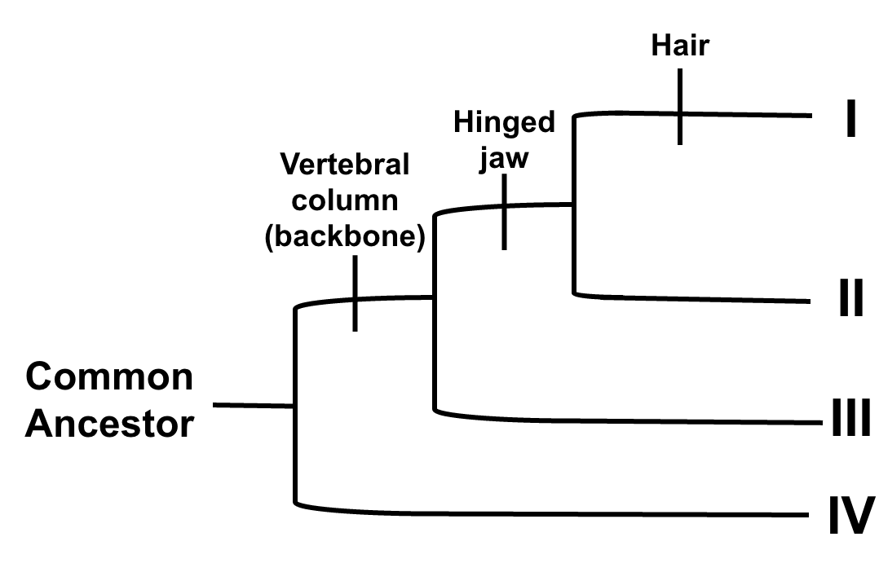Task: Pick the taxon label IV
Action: (851, 516)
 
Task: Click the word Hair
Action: (680, 46)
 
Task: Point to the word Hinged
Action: (504, 122)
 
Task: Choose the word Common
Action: (109, 377)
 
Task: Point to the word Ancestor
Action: (109, 423)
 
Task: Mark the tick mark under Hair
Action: (679, 107)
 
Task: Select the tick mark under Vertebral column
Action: (355, 293)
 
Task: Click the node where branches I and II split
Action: (575, 205)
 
